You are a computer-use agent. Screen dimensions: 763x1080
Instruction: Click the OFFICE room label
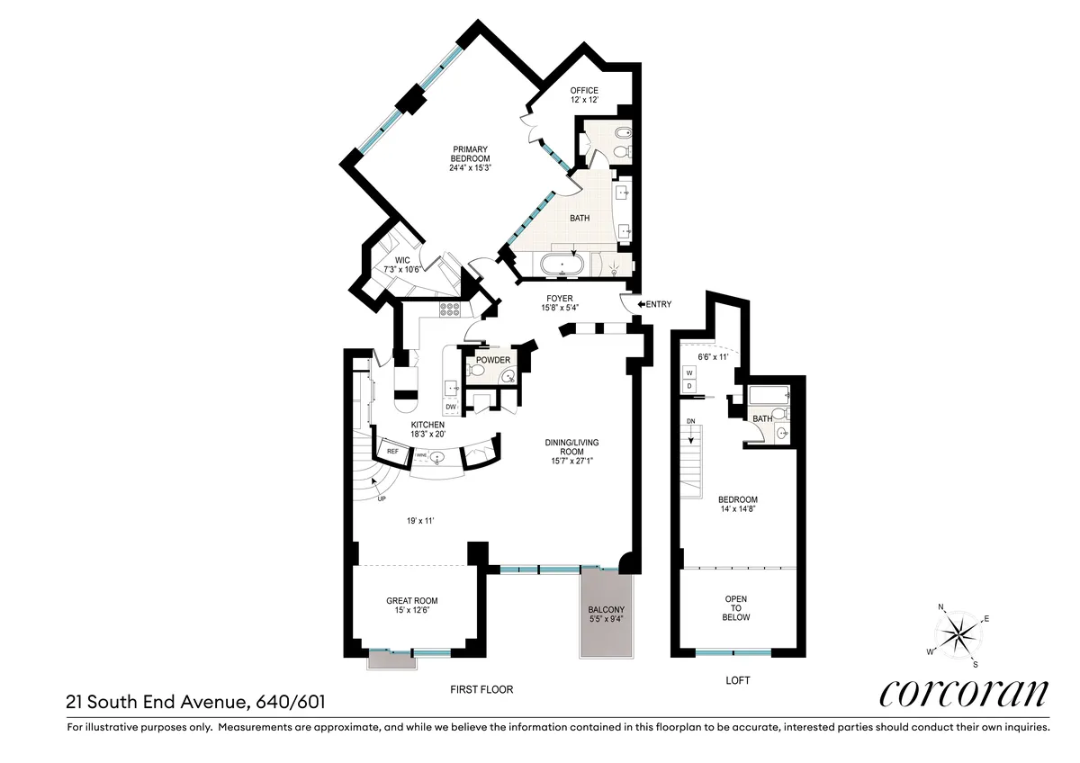pyautogui.click(x=584, y=90)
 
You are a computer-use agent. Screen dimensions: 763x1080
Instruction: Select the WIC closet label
pyautogui.click(x=402, y=261)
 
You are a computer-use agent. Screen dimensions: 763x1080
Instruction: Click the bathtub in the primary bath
pyautogui.click(x=563, y=265)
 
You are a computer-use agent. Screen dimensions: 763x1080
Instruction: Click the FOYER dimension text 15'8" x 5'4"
pyautogui.click(x=559, y=308)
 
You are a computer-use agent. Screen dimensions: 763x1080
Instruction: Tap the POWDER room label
pyautogui.click(x=493, y=360)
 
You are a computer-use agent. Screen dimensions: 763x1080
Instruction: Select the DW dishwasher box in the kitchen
pyautogui.click(x=451, y=407)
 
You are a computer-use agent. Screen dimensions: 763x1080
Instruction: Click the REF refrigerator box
pyautogui.click(x=392, y=452)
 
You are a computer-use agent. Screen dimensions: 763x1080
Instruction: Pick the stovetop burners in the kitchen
pyautogui.click(x=449, y=310)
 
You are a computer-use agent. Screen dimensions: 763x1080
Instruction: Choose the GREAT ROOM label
pyautogui.click(x=411, y=601)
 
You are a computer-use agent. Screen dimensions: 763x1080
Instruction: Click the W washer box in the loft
pyautogui.click(x=689, y=372)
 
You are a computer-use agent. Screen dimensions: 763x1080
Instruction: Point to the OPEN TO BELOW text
pyautogui.click(x=737, y=608)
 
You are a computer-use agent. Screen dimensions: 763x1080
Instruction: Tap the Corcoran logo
pyautogui.click(x=963, y=694)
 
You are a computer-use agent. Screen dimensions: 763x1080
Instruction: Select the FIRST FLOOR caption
pyautogui.click(x=482, y=689)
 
